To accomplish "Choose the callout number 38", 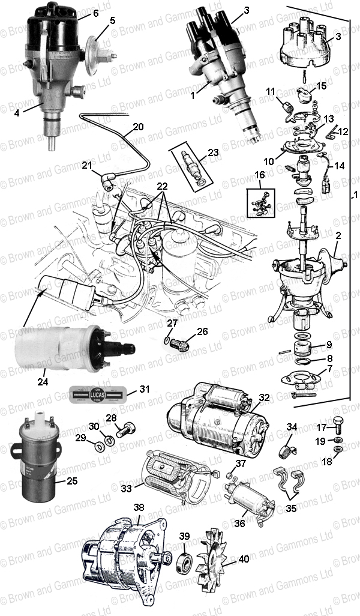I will pos(139,507).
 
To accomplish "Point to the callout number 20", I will pos(139,127).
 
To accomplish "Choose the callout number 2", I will pos(338,237).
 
